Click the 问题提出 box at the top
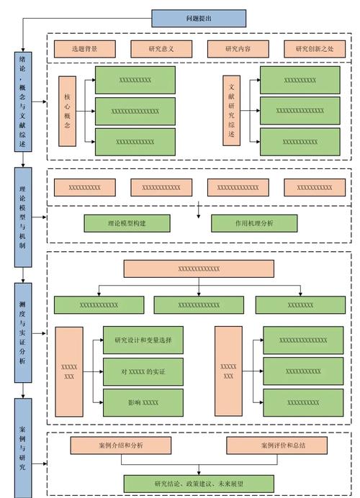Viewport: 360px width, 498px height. click(189, 18)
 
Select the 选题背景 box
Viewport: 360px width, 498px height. click(85, 49)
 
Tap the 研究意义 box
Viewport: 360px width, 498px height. click(161, 49)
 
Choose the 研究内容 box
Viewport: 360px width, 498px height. click(238, 49)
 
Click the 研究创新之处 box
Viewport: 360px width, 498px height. click(314, 49)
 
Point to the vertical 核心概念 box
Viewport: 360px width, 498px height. click(68, 112)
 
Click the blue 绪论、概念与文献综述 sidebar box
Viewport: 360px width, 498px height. click(23, 101)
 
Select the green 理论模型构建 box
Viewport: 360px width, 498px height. click(127, 223)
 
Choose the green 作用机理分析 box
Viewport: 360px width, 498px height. click(254, 223)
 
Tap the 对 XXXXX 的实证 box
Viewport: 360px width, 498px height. click(143, 371)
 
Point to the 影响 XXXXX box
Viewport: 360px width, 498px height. click(143, 402)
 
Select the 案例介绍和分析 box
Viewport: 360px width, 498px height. click(120, 445)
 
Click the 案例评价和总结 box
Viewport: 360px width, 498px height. click(277, 445)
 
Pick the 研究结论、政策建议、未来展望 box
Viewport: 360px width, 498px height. click(199, 483)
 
